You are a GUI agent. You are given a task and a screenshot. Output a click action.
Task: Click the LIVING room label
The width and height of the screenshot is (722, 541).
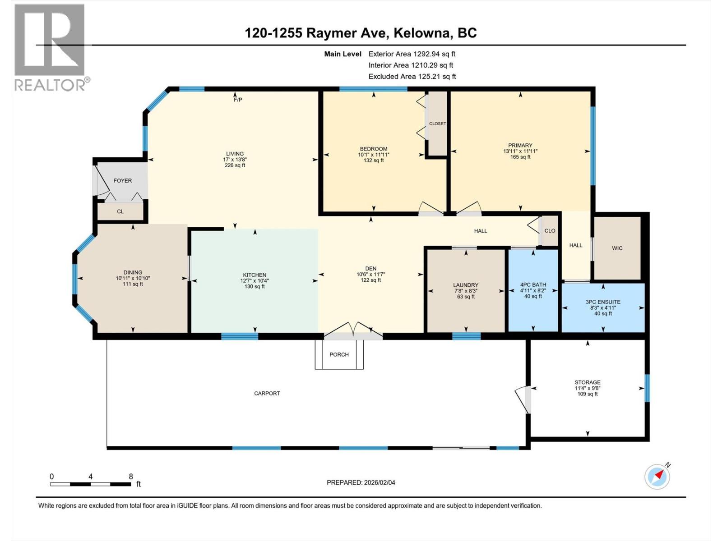(235, 154)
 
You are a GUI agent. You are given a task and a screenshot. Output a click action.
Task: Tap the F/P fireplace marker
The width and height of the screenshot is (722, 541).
(238, 100)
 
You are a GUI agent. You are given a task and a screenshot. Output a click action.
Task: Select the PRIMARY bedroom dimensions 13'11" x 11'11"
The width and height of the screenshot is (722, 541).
(520, 151)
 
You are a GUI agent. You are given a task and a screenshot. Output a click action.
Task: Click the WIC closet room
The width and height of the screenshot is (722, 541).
(617, 248)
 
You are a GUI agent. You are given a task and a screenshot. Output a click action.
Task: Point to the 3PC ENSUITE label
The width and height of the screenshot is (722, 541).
(603, 302)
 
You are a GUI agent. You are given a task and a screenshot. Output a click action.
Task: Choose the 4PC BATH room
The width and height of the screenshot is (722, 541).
(533, 291)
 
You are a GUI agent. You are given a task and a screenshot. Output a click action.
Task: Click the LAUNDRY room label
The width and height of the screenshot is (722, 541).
(465, 285)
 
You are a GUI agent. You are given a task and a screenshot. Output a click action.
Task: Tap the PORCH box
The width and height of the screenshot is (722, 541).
(339, 355)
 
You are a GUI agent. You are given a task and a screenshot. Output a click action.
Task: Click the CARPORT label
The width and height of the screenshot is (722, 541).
(267, 394)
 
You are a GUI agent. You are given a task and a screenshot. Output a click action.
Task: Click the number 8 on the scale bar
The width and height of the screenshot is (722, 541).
(131, 477)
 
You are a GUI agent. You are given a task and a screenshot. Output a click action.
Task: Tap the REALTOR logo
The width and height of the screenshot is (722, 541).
(50, 47)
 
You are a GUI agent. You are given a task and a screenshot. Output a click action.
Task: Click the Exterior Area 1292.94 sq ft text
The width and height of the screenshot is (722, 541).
(412, 54)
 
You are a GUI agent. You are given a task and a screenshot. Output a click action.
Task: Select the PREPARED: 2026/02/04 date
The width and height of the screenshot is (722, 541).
(361, 482)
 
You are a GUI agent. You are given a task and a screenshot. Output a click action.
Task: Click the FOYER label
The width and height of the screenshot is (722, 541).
(123, 181)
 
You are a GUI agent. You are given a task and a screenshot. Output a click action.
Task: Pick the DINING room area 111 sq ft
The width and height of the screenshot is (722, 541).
(133, 284)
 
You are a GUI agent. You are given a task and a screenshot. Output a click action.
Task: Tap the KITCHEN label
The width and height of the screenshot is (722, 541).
(255, 275)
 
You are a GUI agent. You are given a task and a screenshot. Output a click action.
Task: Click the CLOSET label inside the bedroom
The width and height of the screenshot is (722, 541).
(437, 124)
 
